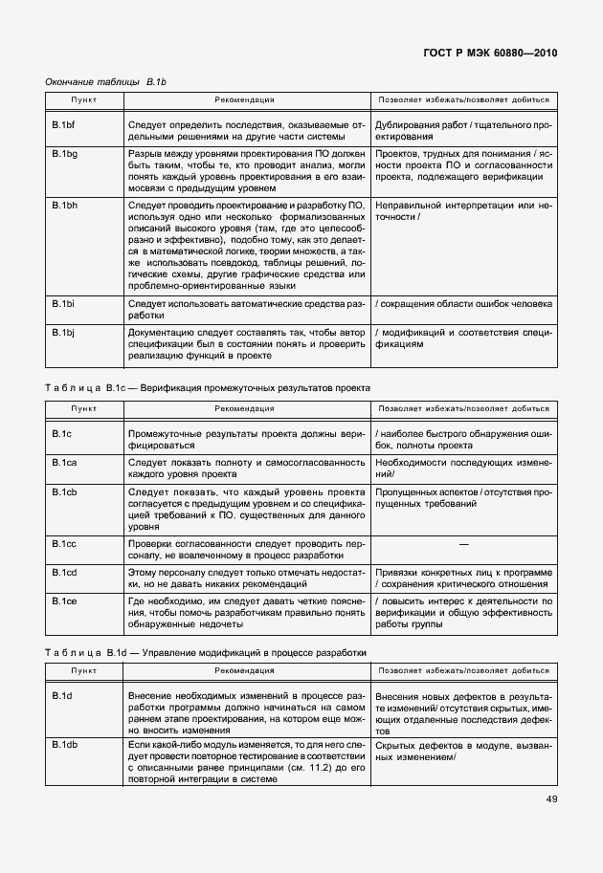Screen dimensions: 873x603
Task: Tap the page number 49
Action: coord(549,799)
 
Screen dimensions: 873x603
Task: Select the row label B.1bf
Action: coord(64,125)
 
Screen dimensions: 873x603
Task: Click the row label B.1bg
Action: coord(65,153)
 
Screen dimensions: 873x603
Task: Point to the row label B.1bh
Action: coord(65,206)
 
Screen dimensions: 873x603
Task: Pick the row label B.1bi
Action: coord(63,304)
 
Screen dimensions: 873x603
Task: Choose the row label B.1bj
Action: coord(63,332)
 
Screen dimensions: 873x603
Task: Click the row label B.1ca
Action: coord(65,462)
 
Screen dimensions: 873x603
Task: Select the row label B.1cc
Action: coord(65,543)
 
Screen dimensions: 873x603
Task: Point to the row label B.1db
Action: coord(65,743)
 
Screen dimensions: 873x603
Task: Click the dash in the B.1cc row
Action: coord(463,543)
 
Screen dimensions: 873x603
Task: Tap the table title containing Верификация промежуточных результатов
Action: coord(208,387)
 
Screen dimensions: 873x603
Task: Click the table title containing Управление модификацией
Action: coord(206,652)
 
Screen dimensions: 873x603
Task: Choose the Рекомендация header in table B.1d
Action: coord(244,672)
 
